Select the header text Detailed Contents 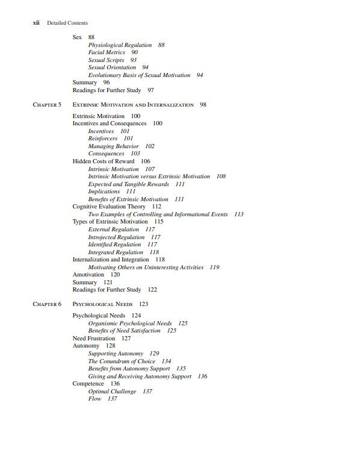67,23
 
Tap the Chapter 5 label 47,105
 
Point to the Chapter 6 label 47,304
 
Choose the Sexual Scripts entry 106,60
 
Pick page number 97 151,90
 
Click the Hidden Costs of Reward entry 103,161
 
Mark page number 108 221,177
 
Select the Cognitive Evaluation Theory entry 109,207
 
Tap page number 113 238,214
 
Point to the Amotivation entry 88,275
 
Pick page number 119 214,267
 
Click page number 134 166,361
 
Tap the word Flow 95,399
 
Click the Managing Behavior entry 113,146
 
